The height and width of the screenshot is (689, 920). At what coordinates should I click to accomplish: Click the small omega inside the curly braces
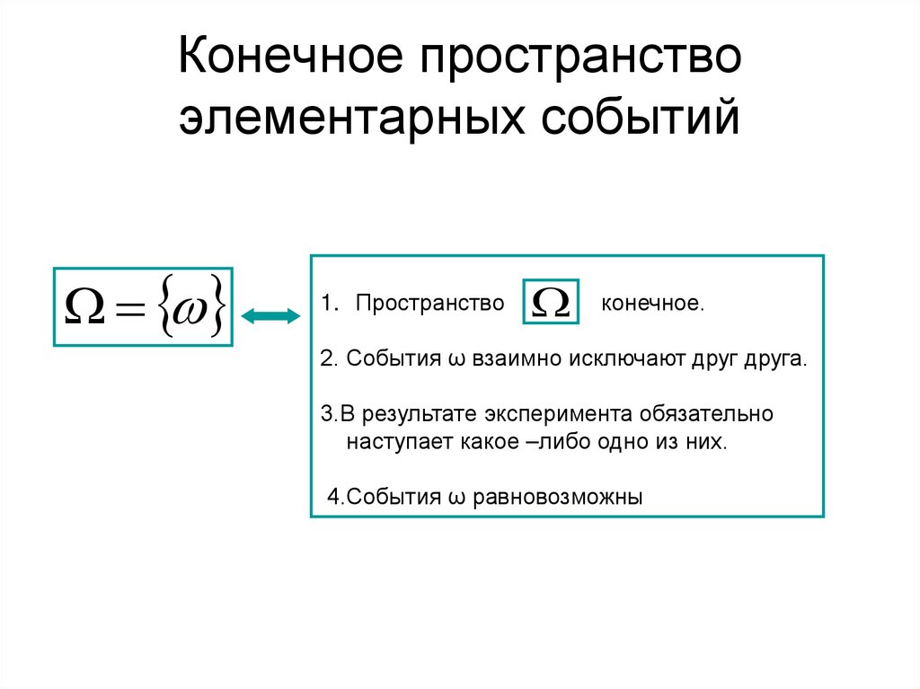click(189, 308)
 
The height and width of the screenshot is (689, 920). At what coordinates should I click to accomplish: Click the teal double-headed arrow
click(271, 315)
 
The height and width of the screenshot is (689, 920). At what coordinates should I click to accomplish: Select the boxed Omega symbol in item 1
click(550, 304)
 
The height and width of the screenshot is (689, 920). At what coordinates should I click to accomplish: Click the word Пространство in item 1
click(429, 304)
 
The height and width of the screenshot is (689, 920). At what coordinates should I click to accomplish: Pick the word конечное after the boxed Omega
click(653, 304)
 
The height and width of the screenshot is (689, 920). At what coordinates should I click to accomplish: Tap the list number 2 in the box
click(325, 359)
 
